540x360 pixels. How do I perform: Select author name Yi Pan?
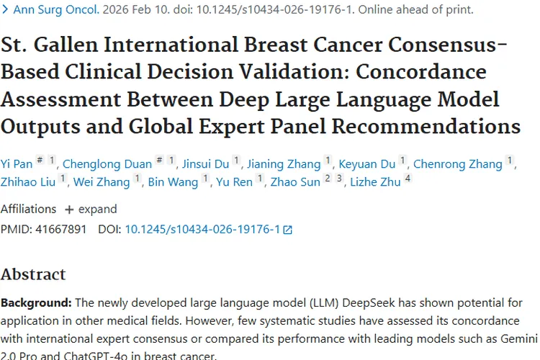pyautogui.click(x=15, y=164)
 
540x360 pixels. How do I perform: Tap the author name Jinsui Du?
pyautogui.click(x=206, y=164)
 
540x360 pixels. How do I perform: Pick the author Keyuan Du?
pyautogui.click(x=367, y=164)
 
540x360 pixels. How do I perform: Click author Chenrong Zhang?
pyautogui.click(x=457, y=164)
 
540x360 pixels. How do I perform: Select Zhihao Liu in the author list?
pyautogui.click(x=28, y=182)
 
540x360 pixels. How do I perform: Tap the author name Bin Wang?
pyautogui.click(x=173, y=182)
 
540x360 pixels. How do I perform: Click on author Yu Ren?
pyautogui.click(x=234, y=182)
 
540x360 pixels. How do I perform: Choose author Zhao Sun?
pyautogui.click(x=294, y=182)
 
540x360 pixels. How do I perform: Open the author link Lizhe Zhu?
pyautogui.click(x=375, y=182)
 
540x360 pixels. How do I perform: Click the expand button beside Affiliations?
pyautogui.click(x=91, y=210)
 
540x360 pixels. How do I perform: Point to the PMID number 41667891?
pyautogui.click(x=60, y=230)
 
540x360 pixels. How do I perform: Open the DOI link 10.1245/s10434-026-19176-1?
pyautogui.click(x=202, y=230)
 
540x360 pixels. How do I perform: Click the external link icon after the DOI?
pyautogui.click(x=288, y=230)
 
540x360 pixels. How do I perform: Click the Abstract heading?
pyautogui.click(x=33, y=274)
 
